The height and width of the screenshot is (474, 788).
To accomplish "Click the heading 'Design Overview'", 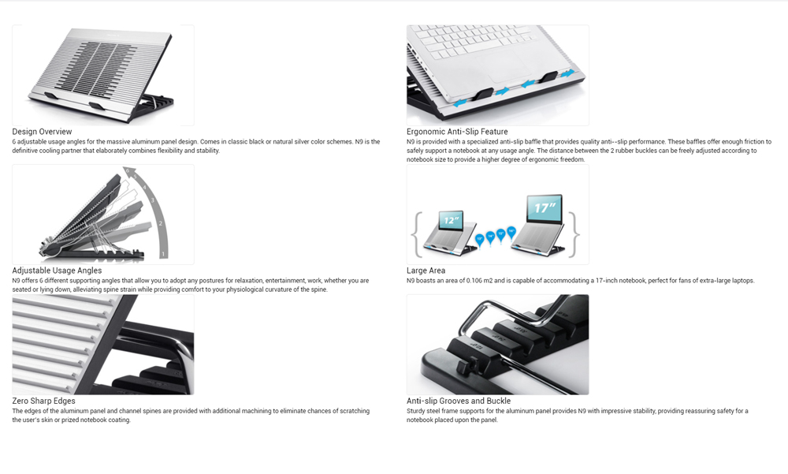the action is pos(43,132).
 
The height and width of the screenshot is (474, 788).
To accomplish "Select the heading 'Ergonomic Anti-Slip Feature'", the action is pos(457,132).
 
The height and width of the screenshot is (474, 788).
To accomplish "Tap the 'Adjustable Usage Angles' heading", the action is pos(57,271).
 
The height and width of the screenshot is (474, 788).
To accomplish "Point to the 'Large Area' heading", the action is pos(426,271).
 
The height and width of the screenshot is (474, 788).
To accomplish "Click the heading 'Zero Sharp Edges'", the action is pos(43,401).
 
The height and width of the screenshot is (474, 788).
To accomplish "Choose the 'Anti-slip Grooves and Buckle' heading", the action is pos(459,401).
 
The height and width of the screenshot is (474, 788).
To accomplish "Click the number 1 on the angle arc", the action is pos(163,254).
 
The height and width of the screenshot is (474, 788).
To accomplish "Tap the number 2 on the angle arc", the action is pos(161,223).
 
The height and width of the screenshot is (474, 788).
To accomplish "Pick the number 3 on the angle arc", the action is pos(153,200).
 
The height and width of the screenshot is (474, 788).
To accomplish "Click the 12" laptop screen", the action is pos(452,220).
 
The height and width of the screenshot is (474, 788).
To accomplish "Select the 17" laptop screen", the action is pos(545,207).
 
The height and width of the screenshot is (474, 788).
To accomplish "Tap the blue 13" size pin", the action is pos(479,239).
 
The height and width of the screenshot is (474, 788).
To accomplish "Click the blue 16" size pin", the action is pos(511,233).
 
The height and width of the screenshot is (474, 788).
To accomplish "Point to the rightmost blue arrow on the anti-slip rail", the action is pos(567,74).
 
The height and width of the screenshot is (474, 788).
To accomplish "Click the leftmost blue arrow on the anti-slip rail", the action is pos(459,103).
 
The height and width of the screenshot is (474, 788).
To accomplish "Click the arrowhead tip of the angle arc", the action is pos(124,170).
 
